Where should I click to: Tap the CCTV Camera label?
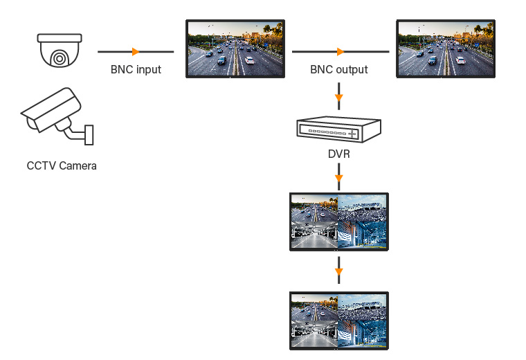[62, 165]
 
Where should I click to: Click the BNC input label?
[136, 69]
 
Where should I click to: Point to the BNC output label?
[339, 69]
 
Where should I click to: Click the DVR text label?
[339, 154]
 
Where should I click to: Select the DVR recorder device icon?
[339, 129]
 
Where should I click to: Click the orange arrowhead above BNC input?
[136, 51]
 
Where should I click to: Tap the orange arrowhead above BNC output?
[340, 51]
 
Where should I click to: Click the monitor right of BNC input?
[235, 48]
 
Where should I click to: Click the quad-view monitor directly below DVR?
[339, 222]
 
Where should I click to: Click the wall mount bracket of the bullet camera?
[89, 134]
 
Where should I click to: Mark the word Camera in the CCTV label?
[78, 165]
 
